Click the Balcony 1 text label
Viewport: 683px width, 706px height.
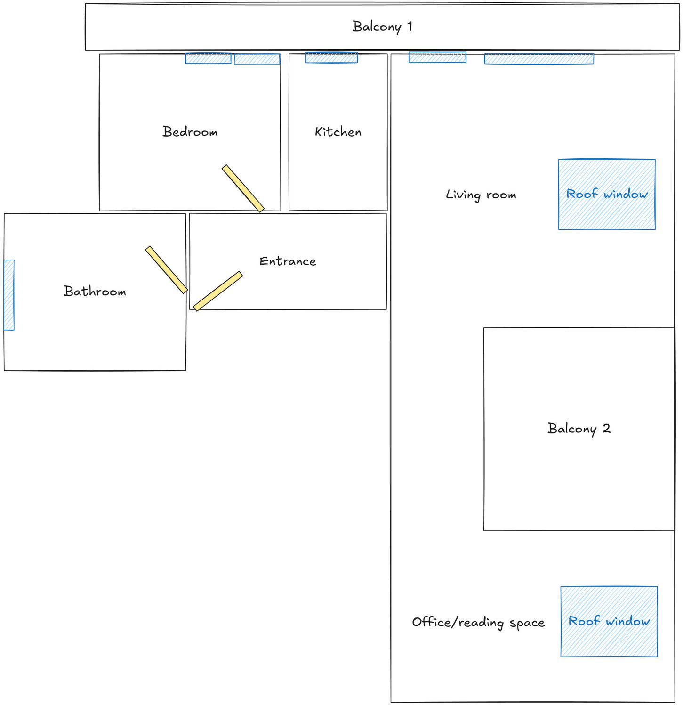click(x=382, y=26)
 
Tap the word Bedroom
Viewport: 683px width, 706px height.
click(x=190, y=131)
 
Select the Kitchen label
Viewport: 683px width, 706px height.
click(x=338, y=132)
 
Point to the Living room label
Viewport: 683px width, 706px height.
click(x=481, y=195)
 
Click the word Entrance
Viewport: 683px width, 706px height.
click(x=288, y=261)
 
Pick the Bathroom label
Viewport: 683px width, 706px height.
click(x=95, y=291)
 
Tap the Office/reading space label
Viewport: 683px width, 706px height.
click(x=478, y=622)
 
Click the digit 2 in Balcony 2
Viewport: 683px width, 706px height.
click(x=606, y=428)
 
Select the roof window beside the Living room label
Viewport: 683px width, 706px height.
click(x=607, y=194)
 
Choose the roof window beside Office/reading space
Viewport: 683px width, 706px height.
click(x=609, y=621)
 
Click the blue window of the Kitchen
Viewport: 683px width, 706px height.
click(x=331, y=57)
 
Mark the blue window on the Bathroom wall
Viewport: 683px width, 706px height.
click(x=9, y=295)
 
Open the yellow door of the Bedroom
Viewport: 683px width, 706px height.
click(x=243, y=188)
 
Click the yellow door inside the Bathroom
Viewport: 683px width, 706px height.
click(x=167, y=269)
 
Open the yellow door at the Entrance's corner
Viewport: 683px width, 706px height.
click(x=218, y=291)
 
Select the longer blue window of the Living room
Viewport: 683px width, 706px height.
click(x=539, y=58)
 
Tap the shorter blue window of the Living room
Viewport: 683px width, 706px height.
click(x=437, y=57)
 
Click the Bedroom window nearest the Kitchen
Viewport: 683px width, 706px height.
click(x=257, y=59)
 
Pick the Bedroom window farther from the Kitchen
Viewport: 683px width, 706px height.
click(x=208, y=58)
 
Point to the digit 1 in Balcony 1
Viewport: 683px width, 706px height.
click(x=410, y=26)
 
